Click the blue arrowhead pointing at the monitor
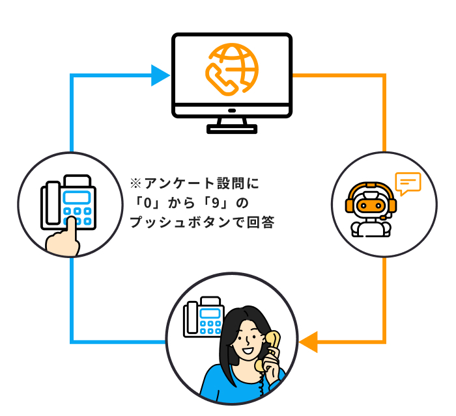click(x=160, y=75)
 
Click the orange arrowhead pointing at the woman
click(x=308, y=342)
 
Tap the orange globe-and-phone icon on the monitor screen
click(x=232, y=70)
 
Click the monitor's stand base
click(x=232, y=129)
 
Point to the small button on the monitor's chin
click(x=232, y=110)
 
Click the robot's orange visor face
click(x=371, y=205)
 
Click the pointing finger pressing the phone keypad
click(x=64, y=238)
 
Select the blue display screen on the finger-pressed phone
click(x=77, y=198)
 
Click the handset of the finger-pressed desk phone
click(x=53, y=203)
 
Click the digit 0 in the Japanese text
click(x=148, y=203)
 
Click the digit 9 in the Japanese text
click(x=216, y=203)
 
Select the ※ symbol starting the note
click(x=135, y=184)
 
